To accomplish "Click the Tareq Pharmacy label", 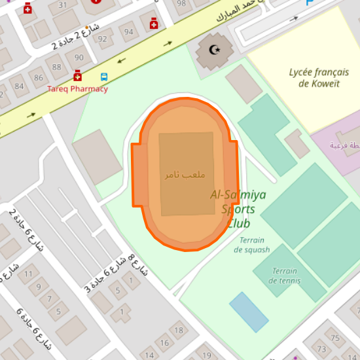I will click(77, 89).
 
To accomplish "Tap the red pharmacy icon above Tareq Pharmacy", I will click(77, 76).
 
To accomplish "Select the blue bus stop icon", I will click(104, 77).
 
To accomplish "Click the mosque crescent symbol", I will click(214, 50).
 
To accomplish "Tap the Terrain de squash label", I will click(251, 245).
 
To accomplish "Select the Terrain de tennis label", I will click(285, 276).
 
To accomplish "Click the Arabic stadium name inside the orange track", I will click(185, 175).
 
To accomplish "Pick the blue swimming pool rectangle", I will click(249, 312).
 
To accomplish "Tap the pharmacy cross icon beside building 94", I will click(154, 24).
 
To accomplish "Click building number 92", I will click(103, 39).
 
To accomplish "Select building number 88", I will click(58, 67).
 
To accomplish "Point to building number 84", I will click(18, 86).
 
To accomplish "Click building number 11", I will click(28, 274).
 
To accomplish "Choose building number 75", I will click(335, 338).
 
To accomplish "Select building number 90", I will click(79, 58).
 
